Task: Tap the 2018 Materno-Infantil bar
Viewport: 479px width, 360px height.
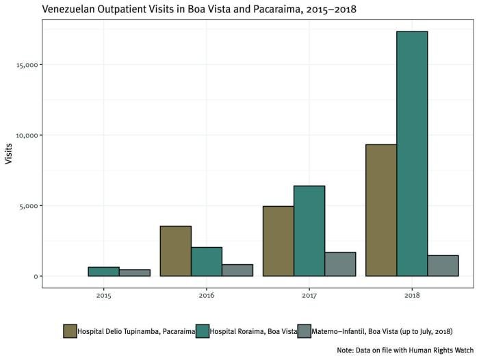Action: (x=443, y=266)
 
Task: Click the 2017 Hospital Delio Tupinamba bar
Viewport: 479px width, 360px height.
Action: (x=279, y=241)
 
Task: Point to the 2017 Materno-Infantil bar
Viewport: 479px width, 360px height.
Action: (x=340, y=264)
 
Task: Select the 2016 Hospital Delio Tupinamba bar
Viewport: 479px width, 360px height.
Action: (x=175, y=250)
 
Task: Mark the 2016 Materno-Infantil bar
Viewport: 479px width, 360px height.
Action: (x=237, y=270)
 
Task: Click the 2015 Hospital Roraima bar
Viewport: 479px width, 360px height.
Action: (x=103, y=272)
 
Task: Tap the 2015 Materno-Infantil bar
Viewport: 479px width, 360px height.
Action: (x=134, y=272)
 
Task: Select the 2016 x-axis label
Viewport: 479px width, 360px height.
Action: (x=206, y=296)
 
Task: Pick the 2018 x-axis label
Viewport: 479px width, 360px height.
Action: (x=412, y=296)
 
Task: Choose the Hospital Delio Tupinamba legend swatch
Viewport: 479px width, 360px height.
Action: (x=70, y=331)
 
